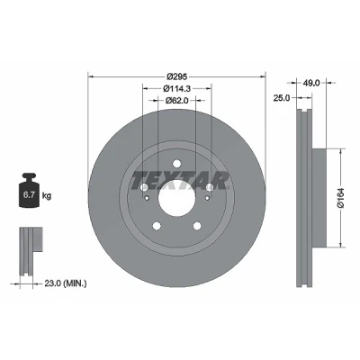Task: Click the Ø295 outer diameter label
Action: click(x=177, y=76)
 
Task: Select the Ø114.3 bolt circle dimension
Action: click(x=177, y=88)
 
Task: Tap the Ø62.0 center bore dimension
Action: click(x=177, y=101)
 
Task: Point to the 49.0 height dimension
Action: click(x=311, y=83)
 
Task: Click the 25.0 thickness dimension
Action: click(x=282, y=98)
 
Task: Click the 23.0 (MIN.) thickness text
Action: click(x=66, y=283)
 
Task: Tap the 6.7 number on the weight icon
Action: click(x=28, y=195)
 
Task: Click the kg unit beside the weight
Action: click(x=47, y=196)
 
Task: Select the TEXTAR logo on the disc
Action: click(x=180, y=181)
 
